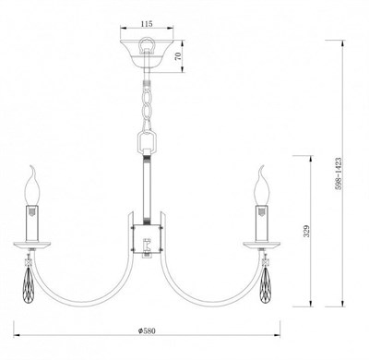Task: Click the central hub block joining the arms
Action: (149, 239)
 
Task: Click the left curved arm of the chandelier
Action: (88, 282)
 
